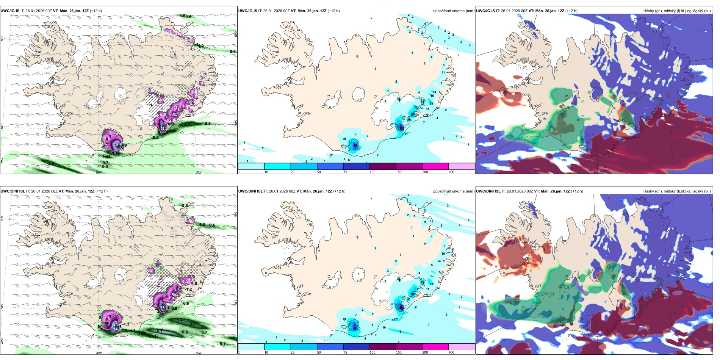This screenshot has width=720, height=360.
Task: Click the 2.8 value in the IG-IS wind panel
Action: click(x=51, y=163)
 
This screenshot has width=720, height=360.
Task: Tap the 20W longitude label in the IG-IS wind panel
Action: click(x=99, y=172)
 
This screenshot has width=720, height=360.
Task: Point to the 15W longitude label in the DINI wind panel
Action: click(x=198, y=353)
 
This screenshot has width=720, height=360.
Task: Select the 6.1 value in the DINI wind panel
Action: click(x=160, y=331)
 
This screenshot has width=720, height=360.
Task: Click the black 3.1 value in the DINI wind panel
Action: click(x=179, y=321)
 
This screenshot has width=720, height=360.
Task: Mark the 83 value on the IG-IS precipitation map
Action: click(x=355, y=145)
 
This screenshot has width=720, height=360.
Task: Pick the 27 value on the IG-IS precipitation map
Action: click(x=416, y=108)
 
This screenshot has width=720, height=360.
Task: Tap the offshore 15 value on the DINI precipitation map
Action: click(x=399, y=332)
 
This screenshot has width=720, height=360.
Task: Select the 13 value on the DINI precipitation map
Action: click(x=394, y=320)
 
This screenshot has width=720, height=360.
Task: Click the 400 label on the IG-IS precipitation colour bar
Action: click(x=451, y=172)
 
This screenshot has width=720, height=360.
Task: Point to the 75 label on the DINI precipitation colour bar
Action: click(x=345, y=352)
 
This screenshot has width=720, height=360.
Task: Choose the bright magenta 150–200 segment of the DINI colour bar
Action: click(x=435, y=346)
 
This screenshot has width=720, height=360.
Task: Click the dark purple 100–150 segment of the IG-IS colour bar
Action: click(x=383, y=166)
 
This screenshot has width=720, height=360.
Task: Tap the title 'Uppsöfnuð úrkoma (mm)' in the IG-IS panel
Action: click(x=453, y=11)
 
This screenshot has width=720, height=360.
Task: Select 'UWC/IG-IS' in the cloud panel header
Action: click(x=485, y=11)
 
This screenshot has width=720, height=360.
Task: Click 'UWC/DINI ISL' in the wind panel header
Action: click(x=13, y=191)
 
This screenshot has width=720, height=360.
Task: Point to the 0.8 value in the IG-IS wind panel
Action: click(x=208, y=124)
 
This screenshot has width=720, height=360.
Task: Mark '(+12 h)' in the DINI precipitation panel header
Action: click(x=339, y=191)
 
